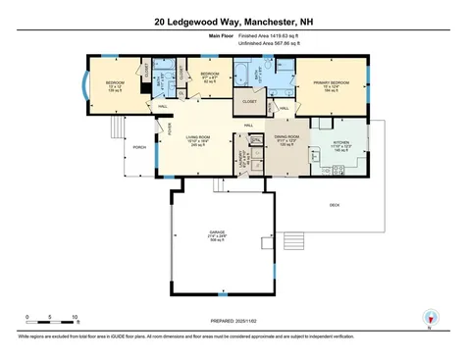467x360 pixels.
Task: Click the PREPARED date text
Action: pos(233,321)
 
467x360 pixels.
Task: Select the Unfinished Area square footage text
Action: pos(262,43)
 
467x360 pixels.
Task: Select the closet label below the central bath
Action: pos(249,100)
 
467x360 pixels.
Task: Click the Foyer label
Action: pos(169,127)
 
